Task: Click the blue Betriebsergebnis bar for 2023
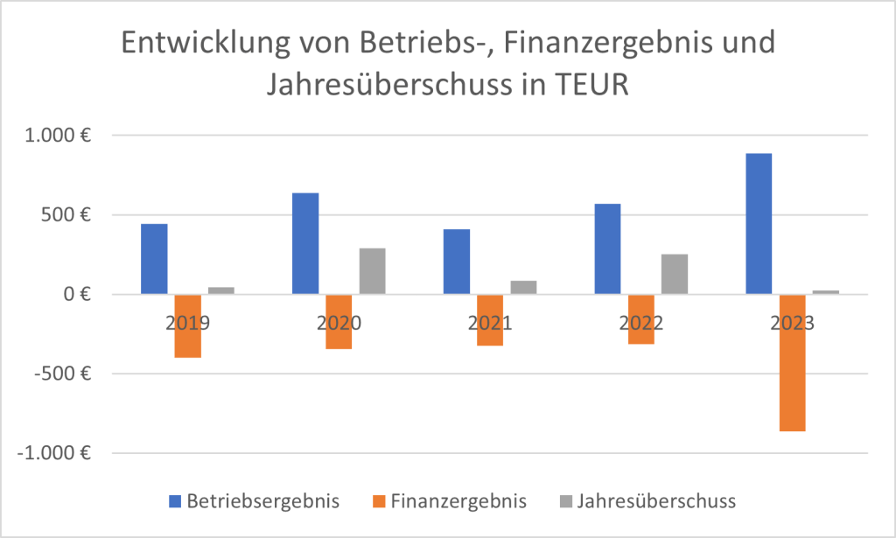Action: coord(759,224)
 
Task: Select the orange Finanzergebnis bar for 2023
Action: coord(792,363)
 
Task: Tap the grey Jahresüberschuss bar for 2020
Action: coord(373,271)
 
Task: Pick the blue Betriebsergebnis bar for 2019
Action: coord(154,259)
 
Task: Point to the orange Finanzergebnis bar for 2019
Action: coord(187,326)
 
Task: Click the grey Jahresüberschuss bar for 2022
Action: coord(675,274)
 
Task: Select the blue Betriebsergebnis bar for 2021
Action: coord(457,262)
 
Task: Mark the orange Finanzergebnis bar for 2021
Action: coord(490,320)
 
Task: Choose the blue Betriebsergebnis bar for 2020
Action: coord(305,243)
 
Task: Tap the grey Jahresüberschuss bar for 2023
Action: coord(826,292)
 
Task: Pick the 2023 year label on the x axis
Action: coord(792,322)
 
